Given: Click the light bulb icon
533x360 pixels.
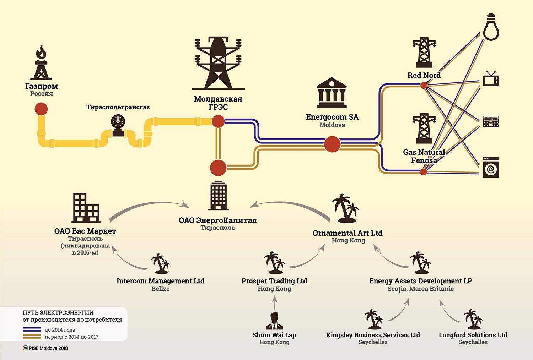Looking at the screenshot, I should click(491, 27).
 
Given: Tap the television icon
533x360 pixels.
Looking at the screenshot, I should click(491, 79).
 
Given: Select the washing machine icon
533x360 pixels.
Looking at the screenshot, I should click(491, 167).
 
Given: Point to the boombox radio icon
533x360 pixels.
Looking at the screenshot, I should click(491, 122).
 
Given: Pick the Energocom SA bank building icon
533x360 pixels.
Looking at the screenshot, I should click(332, 93).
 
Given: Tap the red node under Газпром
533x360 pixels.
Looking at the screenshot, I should click(41, 109).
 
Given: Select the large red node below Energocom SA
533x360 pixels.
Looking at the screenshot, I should click(332, 144).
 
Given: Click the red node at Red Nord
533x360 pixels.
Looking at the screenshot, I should click(424, 85).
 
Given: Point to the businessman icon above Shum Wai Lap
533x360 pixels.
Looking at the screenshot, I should click(274, 321).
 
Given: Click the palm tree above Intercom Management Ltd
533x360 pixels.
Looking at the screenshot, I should click(160, 264).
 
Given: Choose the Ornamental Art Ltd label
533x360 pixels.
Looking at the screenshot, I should click(348, 233).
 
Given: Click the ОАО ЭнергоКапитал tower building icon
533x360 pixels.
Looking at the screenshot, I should click(218, 196).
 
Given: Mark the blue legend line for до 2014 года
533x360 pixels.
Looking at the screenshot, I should click(32, 329).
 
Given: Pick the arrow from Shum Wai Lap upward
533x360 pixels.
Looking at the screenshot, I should click(274, 303).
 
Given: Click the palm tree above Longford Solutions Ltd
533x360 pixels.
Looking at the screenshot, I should click(473, 319).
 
